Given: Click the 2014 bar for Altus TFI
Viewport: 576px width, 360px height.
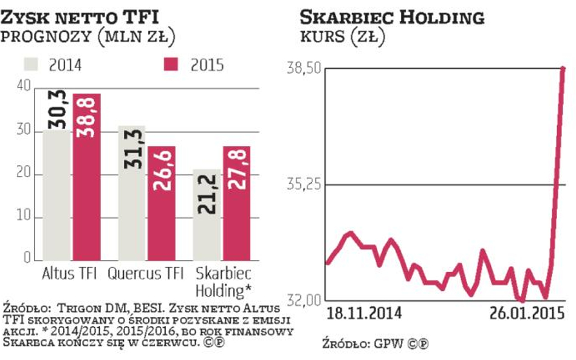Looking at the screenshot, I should tap(57, 194).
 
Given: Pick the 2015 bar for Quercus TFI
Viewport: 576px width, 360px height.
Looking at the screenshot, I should tap(162, 203).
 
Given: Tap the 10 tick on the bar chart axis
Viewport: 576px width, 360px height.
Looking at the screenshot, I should tap(24, 217).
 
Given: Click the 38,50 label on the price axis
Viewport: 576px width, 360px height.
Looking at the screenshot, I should tap(303, 69).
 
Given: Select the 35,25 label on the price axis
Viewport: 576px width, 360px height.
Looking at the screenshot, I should tap(303, 184).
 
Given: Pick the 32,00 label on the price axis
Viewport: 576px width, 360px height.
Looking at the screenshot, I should tap(303, 301).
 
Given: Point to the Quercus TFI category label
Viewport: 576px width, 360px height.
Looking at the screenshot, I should tap(146, 273).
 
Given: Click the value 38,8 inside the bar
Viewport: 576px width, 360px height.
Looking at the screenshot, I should tap(87, 115).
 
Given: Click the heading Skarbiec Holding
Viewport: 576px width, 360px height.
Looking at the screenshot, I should tap(393, 17).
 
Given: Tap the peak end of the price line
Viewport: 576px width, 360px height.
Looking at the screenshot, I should tap(563, 69).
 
